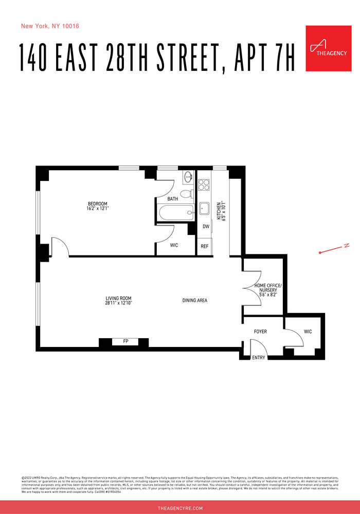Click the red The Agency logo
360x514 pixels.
[328, 48]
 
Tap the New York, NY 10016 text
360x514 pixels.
[50, 26]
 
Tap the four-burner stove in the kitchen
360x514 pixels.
[204, 184]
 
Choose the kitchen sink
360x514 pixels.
[204, 209]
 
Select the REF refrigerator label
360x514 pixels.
[205, 246]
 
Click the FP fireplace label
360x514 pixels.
[125, 341]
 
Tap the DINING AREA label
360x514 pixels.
[195, 300]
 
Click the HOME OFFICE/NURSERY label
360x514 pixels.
[268, 288]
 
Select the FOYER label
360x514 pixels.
[261, 332]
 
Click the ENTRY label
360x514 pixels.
[259, 358]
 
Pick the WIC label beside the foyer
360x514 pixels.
[308, 332]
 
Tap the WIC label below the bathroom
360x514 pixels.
[174, 245]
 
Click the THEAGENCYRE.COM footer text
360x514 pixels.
[180, 508]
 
